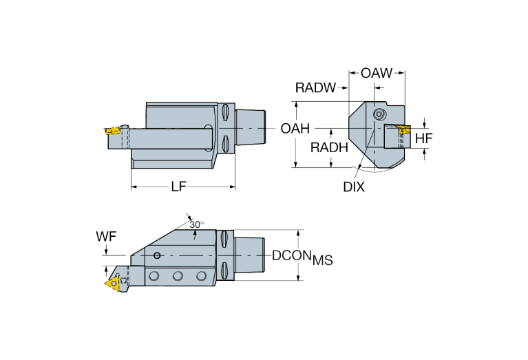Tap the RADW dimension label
coord(315,87)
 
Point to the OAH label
coord(296,128)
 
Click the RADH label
coord(328,147)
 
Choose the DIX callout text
coord(355,187)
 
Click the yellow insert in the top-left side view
coord(112,129)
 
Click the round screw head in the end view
coord(377,114)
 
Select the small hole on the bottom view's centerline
coord(158,256)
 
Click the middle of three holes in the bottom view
coord(178,276)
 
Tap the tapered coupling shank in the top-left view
coord(252,128)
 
